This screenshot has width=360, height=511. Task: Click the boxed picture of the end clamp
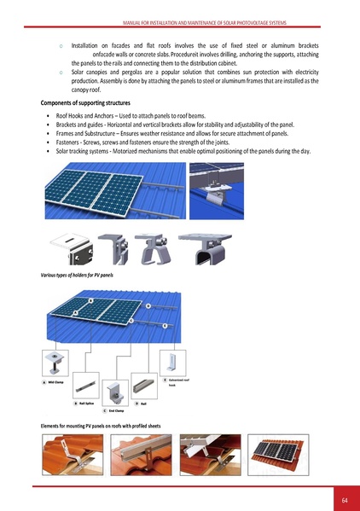click(x=114, y=392)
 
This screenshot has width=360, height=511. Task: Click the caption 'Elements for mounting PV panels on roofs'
click(x=100, y=426)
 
